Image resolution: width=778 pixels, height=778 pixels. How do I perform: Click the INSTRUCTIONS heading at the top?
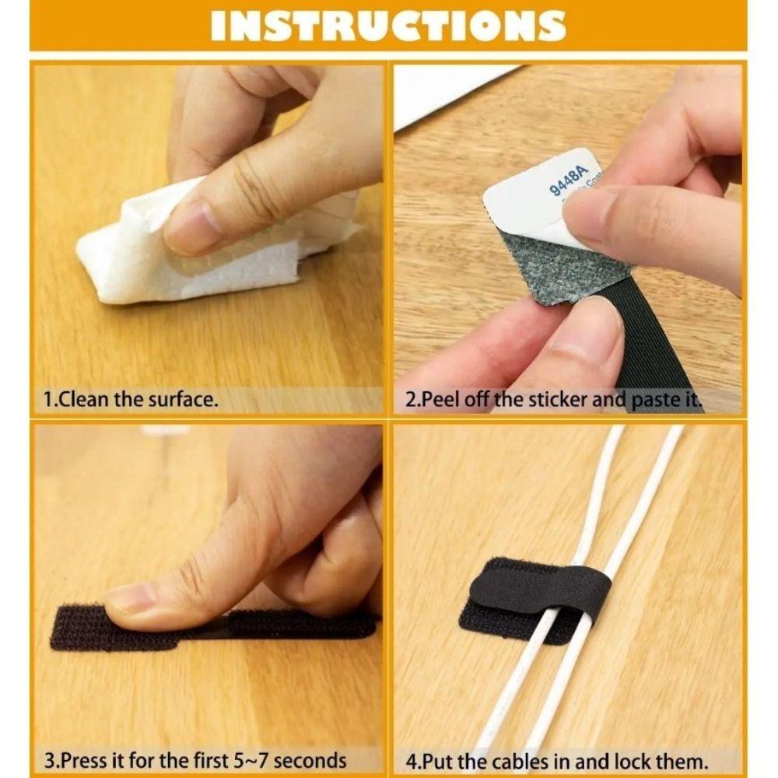387,26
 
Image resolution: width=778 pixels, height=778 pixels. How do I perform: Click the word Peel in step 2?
445,401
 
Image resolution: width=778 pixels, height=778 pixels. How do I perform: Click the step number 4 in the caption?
409,759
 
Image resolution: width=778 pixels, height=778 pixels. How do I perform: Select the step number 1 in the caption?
47,401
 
